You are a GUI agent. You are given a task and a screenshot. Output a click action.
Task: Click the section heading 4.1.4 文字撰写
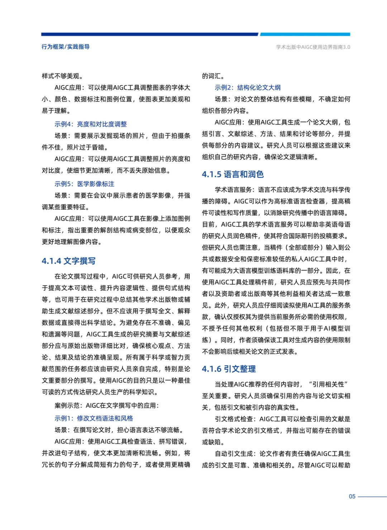(x=68, y=261)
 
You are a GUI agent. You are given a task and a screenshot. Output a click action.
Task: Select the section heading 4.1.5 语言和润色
(x=233, y=175)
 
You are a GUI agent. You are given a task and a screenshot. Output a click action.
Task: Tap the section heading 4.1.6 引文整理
(x=229, y=369)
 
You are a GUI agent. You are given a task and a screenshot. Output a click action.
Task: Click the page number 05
(x=352, y=497)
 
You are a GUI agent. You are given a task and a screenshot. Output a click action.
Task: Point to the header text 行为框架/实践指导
(x=66, y=47)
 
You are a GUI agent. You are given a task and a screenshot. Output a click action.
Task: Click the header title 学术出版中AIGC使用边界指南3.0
(x=313, y=47)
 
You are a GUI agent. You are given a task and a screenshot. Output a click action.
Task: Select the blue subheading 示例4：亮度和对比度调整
(x=91, y=124)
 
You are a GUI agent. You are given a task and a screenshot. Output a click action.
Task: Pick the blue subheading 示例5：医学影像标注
(x=84, y=184)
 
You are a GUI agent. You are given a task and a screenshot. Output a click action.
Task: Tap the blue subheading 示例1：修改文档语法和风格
(x=94, y=418)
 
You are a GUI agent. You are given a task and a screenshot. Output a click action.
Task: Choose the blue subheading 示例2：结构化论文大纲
(x=248, y=88)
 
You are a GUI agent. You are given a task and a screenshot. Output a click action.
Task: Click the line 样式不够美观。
(x=63, y=76)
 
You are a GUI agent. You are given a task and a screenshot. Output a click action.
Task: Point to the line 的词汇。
(x=213, y=76)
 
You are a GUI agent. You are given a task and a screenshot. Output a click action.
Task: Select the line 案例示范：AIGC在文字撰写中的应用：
(x=106, y=406)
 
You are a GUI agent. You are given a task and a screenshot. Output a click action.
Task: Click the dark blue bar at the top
(x=149, y=34)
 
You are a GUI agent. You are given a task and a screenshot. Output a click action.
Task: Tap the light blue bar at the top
(x=305, y=34)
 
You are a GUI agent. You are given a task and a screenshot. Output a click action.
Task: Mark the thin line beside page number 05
(x=372, y=497)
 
